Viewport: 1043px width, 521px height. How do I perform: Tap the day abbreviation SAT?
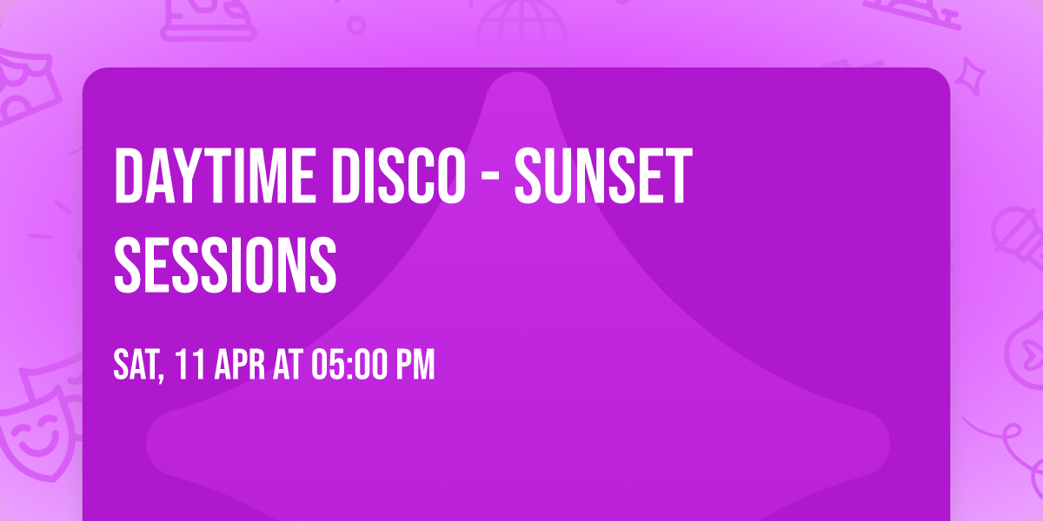(x=136, y=366)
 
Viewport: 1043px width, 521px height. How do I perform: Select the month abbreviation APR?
(x=238, y=366)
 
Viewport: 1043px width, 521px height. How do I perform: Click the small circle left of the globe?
(x=356, y=24)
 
